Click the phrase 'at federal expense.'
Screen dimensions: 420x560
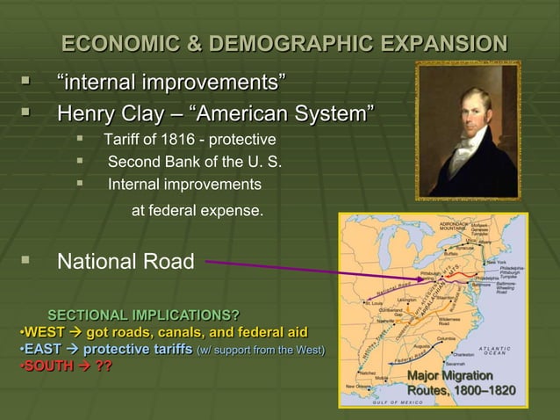(x=196, y=211)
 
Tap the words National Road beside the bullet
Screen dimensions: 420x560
(x=120, y=262)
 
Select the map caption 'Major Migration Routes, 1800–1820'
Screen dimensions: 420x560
(x=461, y=383)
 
